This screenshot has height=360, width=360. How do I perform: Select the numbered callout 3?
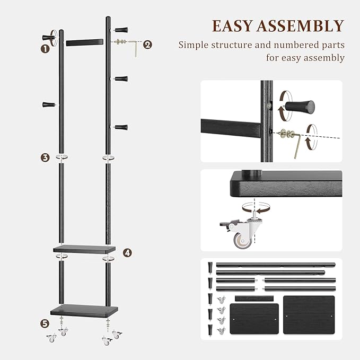[45, 157]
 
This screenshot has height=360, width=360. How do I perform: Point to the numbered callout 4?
[127, 253]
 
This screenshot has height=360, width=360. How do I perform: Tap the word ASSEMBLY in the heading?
[303, 26]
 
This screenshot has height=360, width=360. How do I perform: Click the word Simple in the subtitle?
[196, 45]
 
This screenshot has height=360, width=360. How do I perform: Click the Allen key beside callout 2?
[136, 48]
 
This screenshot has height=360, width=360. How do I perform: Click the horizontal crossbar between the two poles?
[85, 41]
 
